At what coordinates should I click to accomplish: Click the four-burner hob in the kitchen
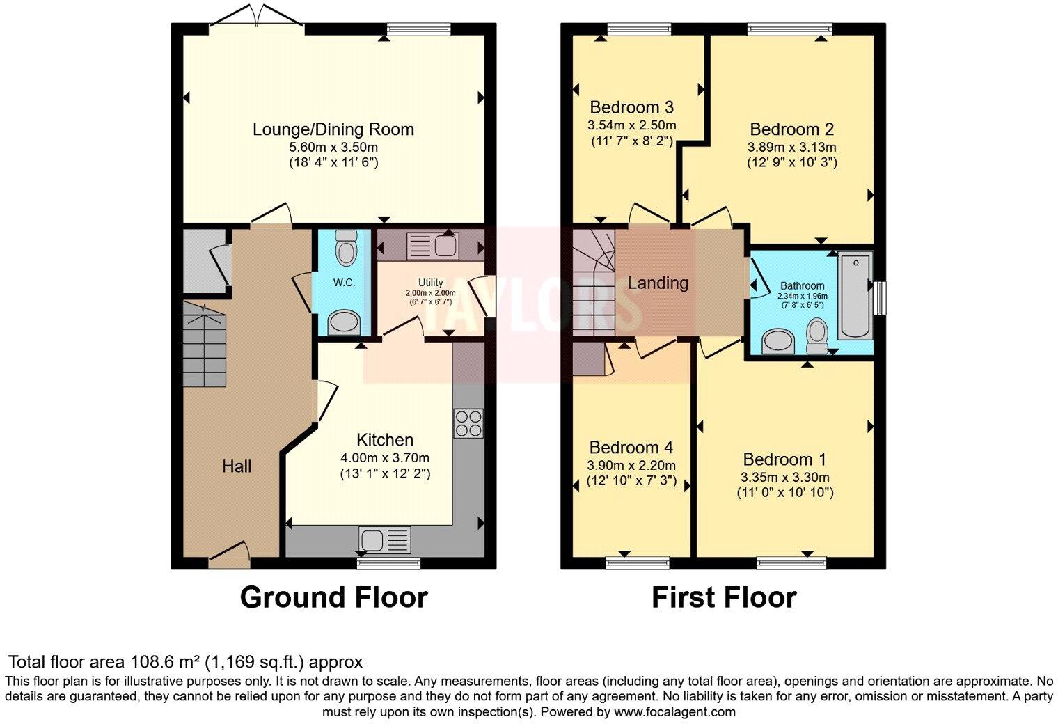pyautogui.click(x=468, y=423)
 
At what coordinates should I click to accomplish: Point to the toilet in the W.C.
pyautogui.click(x=345, y=248)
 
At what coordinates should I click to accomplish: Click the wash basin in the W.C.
pyautogui.click(x=344, y=322)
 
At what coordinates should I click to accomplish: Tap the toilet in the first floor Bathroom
pyautogui.click(x=816, y=336)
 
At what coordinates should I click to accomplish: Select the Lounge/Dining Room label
pyautogui.click(x=333, y=129)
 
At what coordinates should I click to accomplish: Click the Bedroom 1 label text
pyautogui.click(x=784, y=459)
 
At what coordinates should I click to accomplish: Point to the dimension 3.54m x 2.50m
pyautogui.click(x=631, y=126)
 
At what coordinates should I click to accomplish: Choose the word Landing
pyautogui.click(x=658, y=283)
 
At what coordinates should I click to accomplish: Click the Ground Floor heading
pyautogui.click(x=333, y=598)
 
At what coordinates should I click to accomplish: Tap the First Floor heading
pyautogui.click(x=724, y=598)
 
